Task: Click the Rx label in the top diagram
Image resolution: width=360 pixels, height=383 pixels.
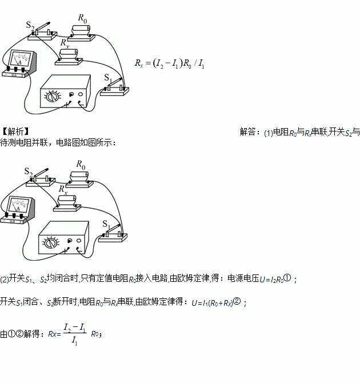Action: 65,42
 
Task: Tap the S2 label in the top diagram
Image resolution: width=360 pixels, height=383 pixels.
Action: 30,26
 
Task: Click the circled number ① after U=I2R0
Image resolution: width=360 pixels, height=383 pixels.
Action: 287,278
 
